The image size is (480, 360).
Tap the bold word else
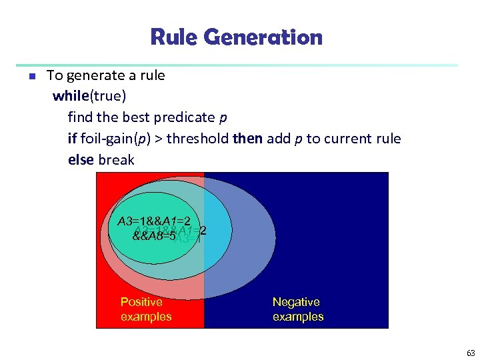point(81,160)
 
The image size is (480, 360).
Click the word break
point(116,160)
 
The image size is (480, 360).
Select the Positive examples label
point(145,309)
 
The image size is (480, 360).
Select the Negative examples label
point(297,309)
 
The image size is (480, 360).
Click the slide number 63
point(471,353)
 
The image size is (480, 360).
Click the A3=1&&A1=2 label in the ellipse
point(155,221)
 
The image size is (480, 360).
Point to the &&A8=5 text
point(153,235)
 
